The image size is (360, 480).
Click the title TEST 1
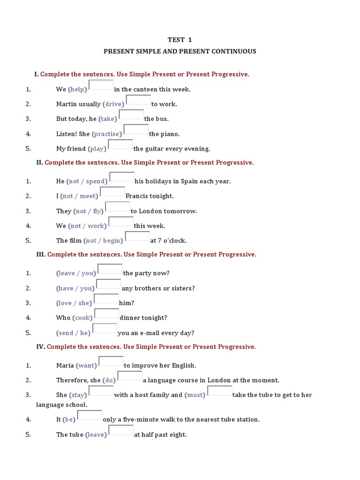click(180, 40)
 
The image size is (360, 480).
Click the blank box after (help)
click(101, 86)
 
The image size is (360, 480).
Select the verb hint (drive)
click(113, 104)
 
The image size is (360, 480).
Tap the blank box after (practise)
click(136, 130)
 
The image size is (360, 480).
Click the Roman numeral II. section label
click(39, 163)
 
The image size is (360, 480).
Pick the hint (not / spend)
click(87, 181)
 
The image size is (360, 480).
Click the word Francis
click(137, 196)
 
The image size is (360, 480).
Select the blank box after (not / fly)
click(118, 208)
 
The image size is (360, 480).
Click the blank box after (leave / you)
click(110, 270)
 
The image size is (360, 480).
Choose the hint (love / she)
click(74, 303)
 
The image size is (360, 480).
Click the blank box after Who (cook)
click(107, 315)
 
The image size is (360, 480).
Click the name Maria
click(65, 366)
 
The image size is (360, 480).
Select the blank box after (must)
click(219, 391)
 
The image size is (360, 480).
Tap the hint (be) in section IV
click(69, 420)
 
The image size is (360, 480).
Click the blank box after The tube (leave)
click(121, 431)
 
